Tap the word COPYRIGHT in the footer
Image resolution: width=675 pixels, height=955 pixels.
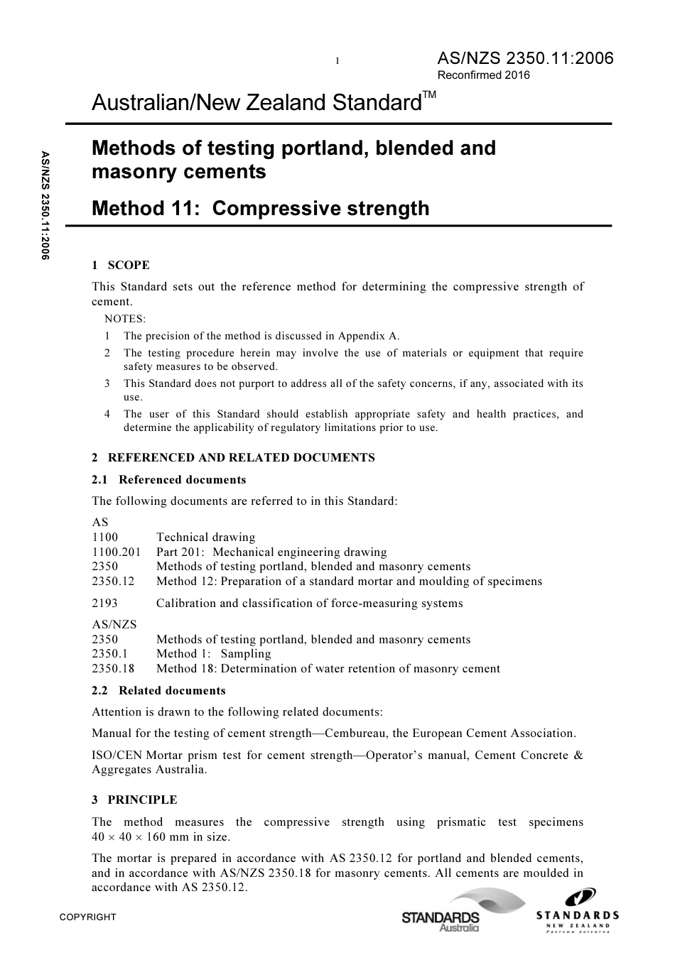pyautogui.click(x=87, y=917)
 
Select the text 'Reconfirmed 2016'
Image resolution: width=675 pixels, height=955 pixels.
pyautogui.click(x=483, y=75)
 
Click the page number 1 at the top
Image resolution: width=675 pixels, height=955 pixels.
pyautogui.click(x=337, y=61)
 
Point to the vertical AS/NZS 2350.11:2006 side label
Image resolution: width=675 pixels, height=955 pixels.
pyautogui.click(x=45, y=205)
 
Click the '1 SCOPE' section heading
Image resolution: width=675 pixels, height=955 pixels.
pyautogui.click(x=120, y=265)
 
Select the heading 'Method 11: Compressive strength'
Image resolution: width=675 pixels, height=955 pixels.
pyautogui.click(x=261, y=208)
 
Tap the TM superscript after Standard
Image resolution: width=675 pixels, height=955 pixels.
pyautogui.click(x=430, y=95)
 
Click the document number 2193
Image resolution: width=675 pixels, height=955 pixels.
pyautogui.click(x=105, y=603)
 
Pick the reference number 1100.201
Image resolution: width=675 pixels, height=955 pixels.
pyautogui.click(x=116, y=552)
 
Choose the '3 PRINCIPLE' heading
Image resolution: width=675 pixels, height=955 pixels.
pyautogui.click(x=134, y=799)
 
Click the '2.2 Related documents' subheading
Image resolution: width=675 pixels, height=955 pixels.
pyautogui.click(x=158, y=690)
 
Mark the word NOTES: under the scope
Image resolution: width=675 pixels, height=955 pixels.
pyautogui.click(x=125, y=319)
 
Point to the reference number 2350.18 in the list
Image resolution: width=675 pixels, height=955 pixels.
pyautogui.click(x=112, y=668)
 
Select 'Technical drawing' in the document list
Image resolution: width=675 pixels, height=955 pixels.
pyautogui.click(x=205, y=537)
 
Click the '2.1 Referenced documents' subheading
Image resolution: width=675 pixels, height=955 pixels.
pyautogui.click(x=168, y=479)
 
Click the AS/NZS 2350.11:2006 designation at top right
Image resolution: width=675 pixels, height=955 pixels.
pyautogui.click(x=524, y=58)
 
